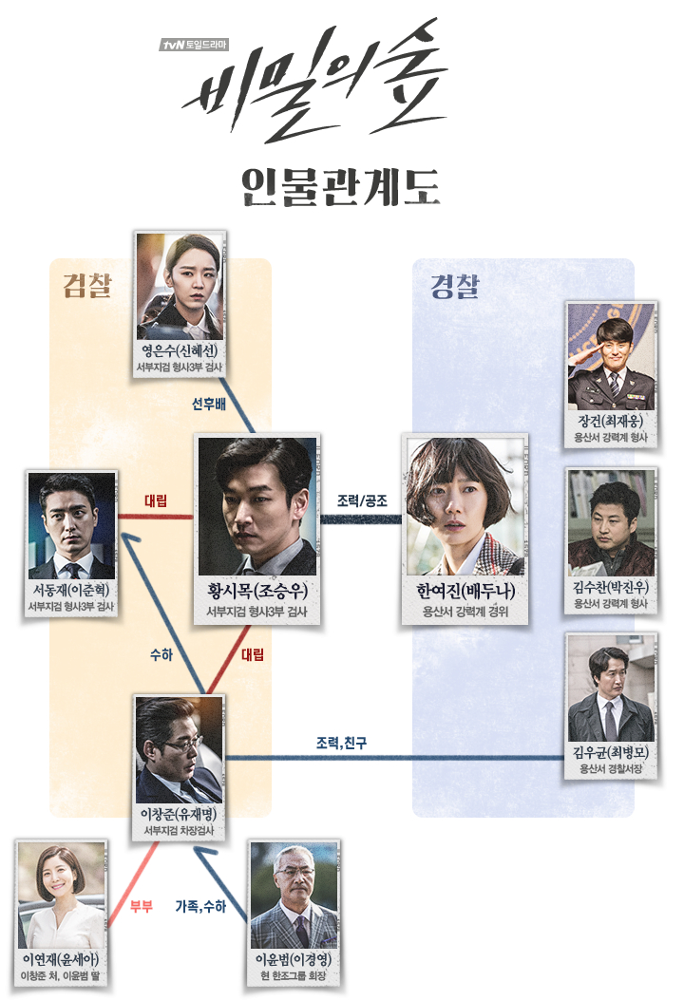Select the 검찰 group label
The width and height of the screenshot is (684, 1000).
coord(88,285)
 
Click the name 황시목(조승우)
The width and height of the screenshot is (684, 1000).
coord(256,590)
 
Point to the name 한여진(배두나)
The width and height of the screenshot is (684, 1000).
coord(465,591)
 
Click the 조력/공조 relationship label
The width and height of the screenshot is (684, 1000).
coord(362,500)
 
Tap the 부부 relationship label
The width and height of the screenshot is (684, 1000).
coord(142,906)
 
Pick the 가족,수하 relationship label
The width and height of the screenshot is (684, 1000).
coord(200,906)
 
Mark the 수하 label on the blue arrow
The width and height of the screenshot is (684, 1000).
coord(161,654)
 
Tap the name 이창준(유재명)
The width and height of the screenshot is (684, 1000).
coord(179,814)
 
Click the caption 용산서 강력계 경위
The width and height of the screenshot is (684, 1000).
coord(465,612)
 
